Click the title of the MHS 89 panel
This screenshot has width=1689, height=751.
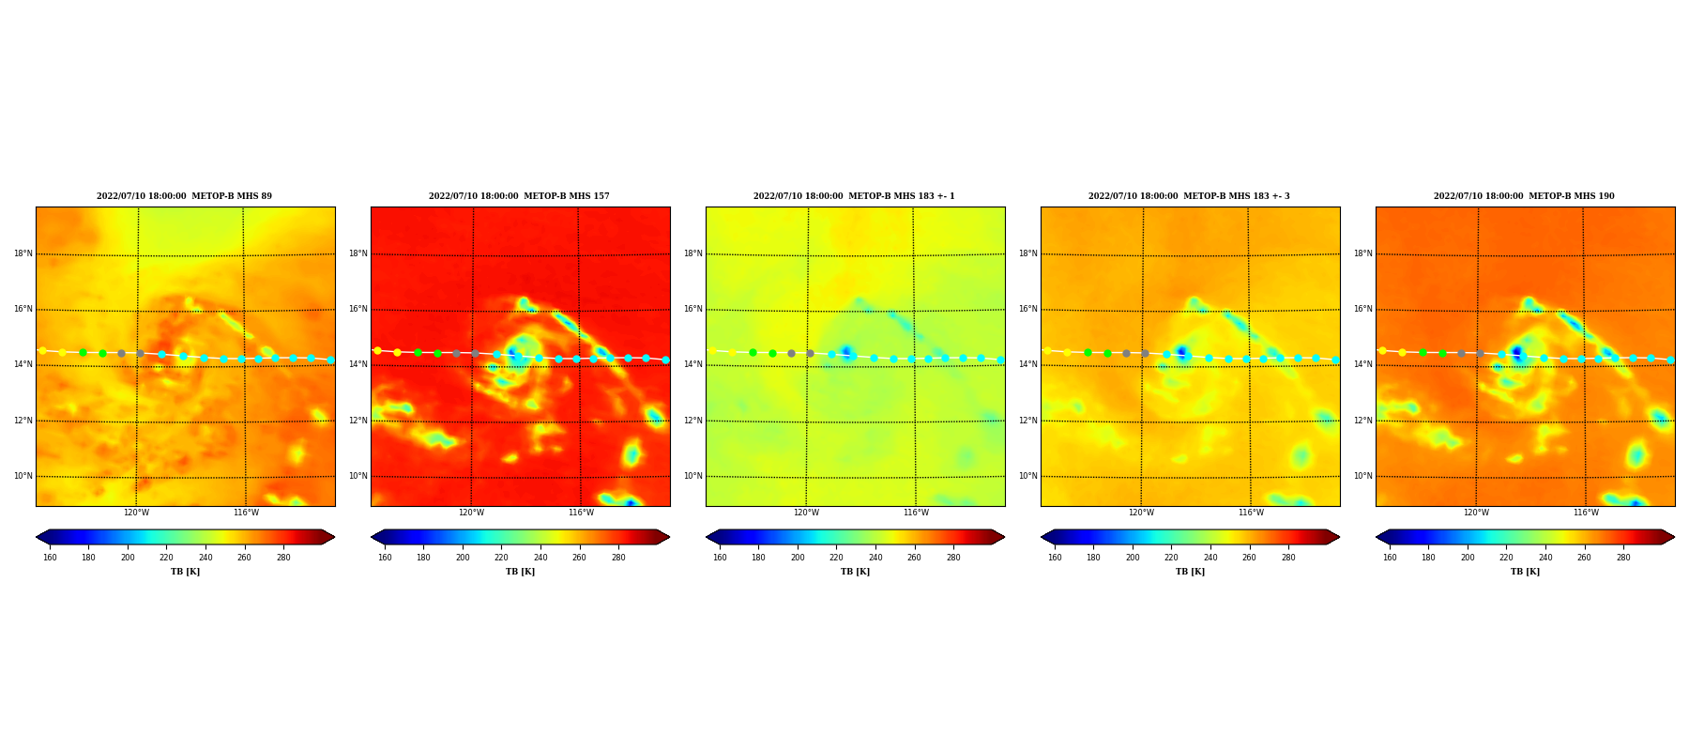pos(184,196)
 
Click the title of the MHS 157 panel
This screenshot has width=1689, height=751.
pos(519,196)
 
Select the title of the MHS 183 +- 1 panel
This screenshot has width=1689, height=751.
pos(854,196)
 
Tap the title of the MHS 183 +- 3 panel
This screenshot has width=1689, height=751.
pos(1189,196)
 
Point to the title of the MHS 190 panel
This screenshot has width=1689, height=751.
pos(1524,196)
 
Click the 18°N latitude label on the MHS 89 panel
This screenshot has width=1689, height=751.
pos(23,253)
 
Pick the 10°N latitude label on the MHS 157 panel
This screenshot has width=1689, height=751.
pos(358,476)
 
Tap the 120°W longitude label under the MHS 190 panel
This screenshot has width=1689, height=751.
pos(1476,513)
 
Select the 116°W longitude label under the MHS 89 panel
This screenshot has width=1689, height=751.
pos(246,513)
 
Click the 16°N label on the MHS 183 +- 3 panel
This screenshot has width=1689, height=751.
pos(1027,309)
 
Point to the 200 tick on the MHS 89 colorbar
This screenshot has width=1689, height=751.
pos(128,558)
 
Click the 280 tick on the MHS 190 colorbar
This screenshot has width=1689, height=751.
pos(1623,558)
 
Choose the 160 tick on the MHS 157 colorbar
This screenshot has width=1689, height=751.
pos(385,558)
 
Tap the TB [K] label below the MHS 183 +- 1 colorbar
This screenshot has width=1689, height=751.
pos(855,572)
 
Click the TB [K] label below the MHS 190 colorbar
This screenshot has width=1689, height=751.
pos(1525,572)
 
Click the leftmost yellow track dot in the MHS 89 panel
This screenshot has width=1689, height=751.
pos(42,351)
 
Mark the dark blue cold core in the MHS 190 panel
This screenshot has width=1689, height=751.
pos(1517,354)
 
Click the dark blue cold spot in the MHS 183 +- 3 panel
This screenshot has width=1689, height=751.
pos(1181,353)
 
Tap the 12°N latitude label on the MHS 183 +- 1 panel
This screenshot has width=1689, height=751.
pos(692,421)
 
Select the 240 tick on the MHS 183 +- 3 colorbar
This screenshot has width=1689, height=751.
pos(1210,558)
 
